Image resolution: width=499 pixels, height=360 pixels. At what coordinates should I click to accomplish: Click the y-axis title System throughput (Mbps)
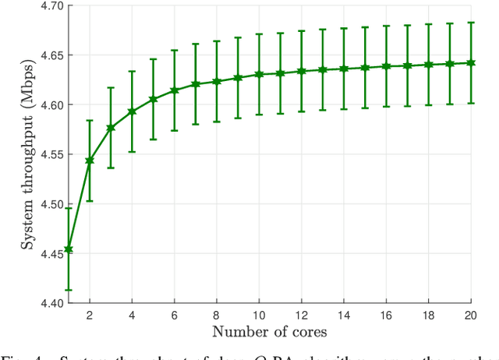tap(27, 154)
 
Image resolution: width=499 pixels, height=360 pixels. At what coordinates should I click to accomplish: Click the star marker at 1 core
tap(69, 249)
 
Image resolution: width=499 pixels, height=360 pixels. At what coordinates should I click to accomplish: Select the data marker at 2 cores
tap(90, 161)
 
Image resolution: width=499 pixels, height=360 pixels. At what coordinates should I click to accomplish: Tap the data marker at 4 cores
tap(132, 111)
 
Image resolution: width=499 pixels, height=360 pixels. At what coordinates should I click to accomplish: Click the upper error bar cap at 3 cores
tap(111, 87)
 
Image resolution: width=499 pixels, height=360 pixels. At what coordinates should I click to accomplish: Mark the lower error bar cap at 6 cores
tap(175, 130)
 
